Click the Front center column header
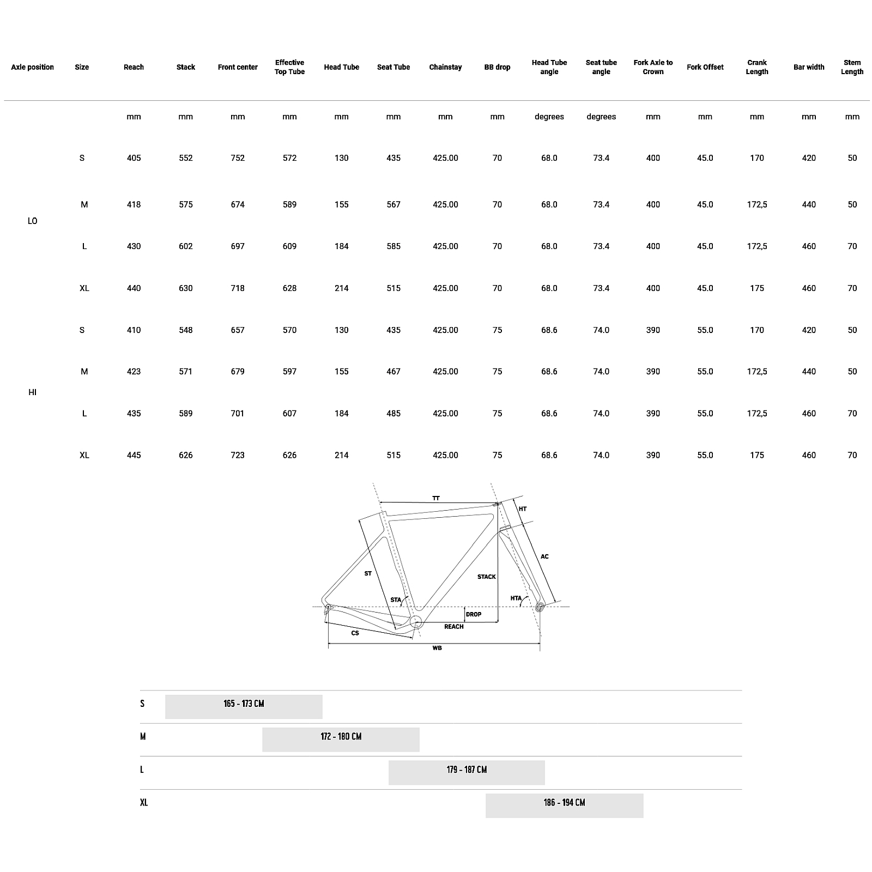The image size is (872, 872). (x=238, y=67)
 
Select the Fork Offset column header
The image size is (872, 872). (x=705, y=67)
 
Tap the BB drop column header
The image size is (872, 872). (x=497, y=67)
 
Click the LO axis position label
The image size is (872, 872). (x=32, y=221)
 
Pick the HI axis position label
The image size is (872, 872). (x=32, y=392)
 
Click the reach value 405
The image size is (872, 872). (x=134, y=158)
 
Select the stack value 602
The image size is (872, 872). (x=186, y=246)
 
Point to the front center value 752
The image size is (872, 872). (x=238, y=158)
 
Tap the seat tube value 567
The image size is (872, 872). (x=393, y=204)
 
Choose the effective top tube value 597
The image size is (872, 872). (x=289, y=372)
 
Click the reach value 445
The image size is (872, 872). (x=134, y=455)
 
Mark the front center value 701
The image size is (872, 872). (x=238, y=413)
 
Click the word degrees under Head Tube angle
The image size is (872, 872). (x=549, y=117)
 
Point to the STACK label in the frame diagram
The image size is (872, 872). (x=487, y=577)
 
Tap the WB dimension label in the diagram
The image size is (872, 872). (x=437, y=648)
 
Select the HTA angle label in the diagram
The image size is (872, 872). (x=516, y=598)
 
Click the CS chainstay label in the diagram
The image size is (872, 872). (x=355, y=633)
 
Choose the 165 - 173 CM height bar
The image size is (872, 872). (x=244, y=707)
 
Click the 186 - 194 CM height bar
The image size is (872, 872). (x=565, y=806)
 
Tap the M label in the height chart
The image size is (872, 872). (x=143, y=737)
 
